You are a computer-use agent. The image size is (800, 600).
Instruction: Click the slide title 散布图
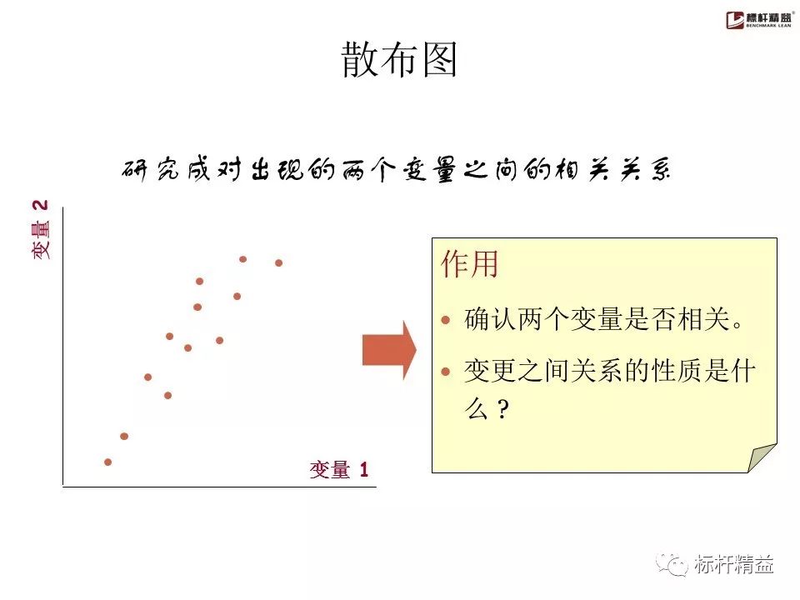(400, 60)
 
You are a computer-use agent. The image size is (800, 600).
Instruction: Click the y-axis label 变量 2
(41, 228)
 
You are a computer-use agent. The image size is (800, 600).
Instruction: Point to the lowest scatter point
(107, 462)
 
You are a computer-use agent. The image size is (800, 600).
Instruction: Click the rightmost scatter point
(279, 262)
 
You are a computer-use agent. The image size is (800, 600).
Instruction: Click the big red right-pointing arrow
(388, 350)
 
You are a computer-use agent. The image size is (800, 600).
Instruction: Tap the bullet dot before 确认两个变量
(447, 319)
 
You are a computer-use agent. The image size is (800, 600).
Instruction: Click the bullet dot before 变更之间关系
(447, 372)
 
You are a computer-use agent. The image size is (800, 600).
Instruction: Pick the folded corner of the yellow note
(762, 457)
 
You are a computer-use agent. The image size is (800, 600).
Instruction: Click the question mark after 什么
(502, 411)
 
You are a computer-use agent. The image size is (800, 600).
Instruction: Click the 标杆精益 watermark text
(734, 565)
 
